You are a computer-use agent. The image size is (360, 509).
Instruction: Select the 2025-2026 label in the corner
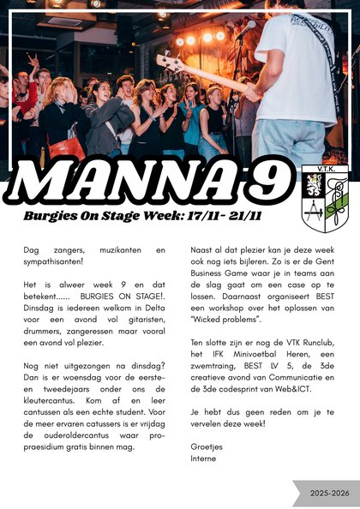(330, 494)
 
